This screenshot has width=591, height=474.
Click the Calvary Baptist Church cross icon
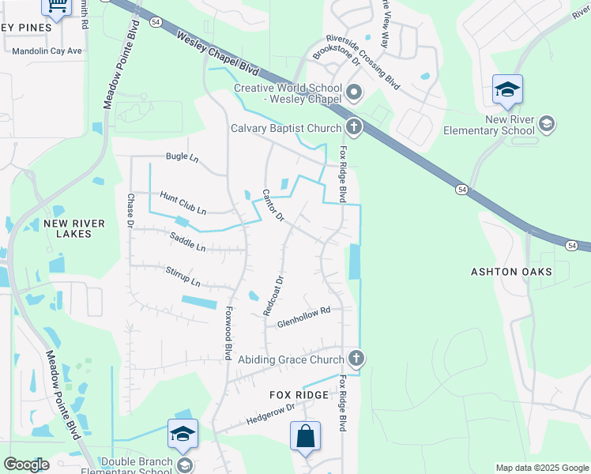click(354, 126)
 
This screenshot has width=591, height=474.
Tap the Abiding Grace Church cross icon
click(356, 359)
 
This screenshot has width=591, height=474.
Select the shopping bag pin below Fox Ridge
click(305, 436)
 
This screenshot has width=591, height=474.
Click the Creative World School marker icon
click(354, 93)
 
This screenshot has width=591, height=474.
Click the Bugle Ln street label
click(182, 157)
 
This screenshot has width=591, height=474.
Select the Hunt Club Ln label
click(183, 203)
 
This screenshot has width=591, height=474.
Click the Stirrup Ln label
click(183, 276)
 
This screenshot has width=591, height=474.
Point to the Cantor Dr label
click(273, 205)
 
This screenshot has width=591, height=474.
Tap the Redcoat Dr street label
click(278, 294)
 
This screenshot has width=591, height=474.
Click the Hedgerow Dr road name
click(269, 412)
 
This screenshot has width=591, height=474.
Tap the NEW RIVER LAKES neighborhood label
click(74, 231)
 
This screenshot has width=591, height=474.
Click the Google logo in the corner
click(26, 465)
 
